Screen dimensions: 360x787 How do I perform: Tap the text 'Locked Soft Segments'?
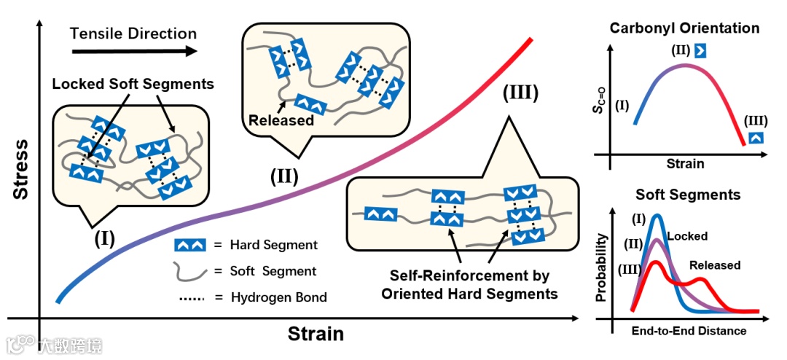tap(133, 84)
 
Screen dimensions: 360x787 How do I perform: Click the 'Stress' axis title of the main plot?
tap(21, 170)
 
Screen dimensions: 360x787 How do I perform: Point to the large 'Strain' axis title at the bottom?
tap(315, 334)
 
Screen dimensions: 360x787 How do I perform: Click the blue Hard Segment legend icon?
tap(188, 246)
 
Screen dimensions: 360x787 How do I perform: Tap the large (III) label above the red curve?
tap(520, 94)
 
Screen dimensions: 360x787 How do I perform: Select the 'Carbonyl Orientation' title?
tap(684, 28)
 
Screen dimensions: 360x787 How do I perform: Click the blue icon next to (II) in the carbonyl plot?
tap(700, 50)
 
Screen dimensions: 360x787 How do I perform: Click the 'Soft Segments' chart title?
tap(688, 195)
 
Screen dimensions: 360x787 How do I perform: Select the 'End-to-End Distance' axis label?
tap(688, 331)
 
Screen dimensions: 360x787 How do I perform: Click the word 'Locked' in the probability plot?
tap(687, 237)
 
